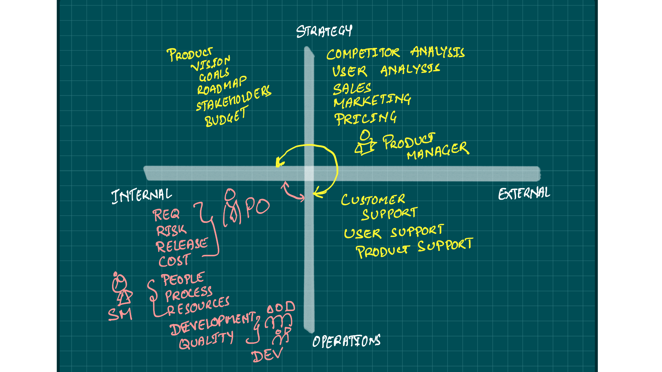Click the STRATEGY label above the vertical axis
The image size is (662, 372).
(324, 31)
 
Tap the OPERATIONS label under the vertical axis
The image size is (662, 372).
(346, 341)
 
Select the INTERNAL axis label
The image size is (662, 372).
(141, 196)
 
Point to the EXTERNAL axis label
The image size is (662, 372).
(524, 194)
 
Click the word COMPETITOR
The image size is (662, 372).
(363, 53)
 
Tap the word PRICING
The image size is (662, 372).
(365, 118)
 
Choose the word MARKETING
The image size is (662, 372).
(372, 101)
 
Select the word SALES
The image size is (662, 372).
(352, 89)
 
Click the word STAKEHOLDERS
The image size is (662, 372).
(234, 99)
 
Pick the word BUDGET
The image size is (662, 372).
(226, 117)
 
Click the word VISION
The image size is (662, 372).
(211, 63)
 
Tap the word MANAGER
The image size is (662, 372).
(438, 151)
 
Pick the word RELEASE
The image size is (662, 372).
(182, 245)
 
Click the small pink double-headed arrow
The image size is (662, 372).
(293, 192)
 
